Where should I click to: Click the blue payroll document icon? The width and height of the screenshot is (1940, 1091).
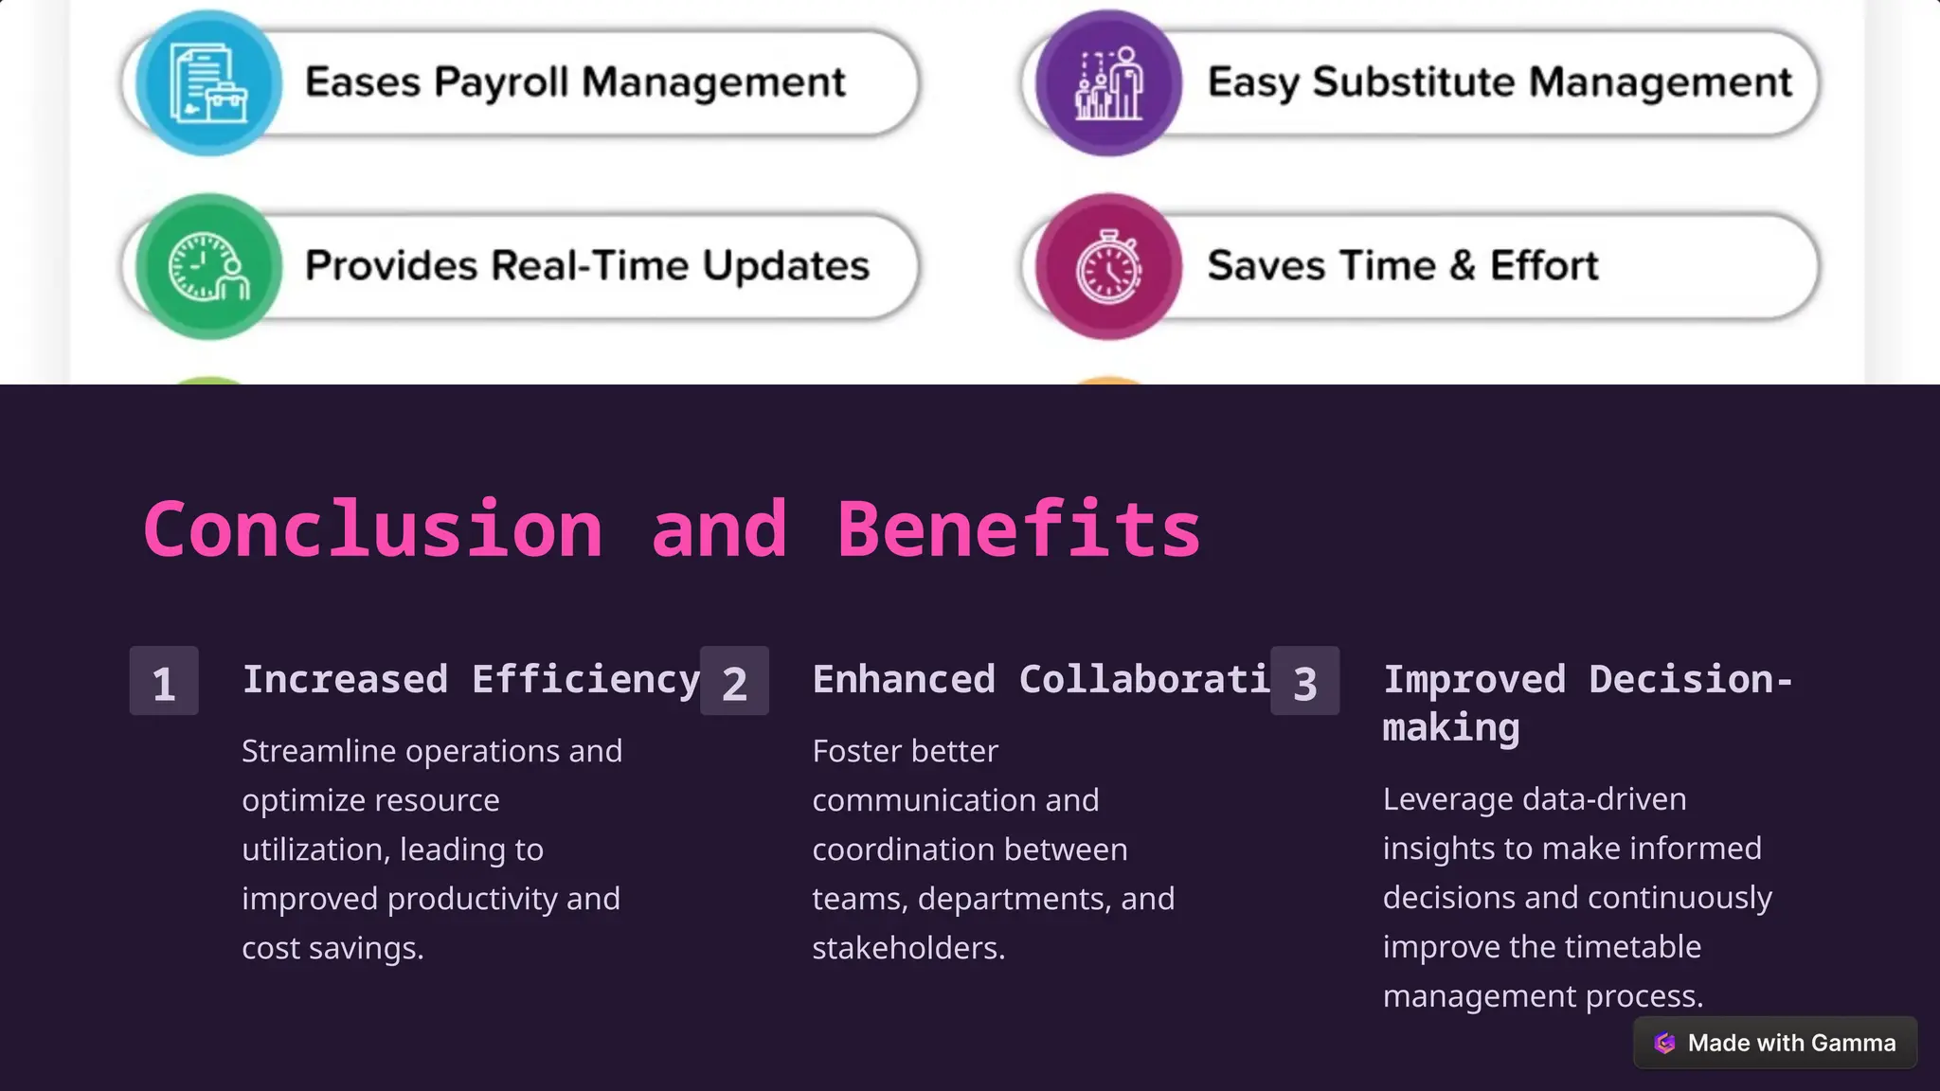click(x=208, y=83)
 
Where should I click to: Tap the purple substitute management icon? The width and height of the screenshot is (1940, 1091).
click(x=1108, y=83)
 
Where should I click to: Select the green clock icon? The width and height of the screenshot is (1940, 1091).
click(x=208, y=267)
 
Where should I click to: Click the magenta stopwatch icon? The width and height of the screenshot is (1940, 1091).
click(x=1108, y=267)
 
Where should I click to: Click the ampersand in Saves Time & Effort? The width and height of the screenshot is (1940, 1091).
click(x=1463, y=266)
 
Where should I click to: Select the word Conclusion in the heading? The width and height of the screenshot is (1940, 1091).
click(x=372, y=529)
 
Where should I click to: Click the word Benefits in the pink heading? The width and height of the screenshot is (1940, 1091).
click(x=1018, y=529)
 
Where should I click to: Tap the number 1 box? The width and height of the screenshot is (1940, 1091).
click(x=164, y=681)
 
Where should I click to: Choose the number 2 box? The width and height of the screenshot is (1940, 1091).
click(x=734, y=681)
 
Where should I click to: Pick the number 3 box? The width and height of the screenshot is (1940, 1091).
click(x=1304, y=681)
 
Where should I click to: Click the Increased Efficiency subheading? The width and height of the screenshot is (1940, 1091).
click(x=471, y=679)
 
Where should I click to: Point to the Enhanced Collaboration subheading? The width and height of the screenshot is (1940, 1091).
click(x=1040, y=679)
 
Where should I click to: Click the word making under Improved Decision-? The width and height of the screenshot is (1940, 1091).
click(x=1450, y=727)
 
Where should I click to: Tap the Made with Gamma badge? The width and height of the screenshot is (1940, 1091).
click(x=1775, y=1043)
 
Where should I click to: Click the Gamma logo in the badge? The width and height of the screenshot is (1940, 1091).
click(x=1664, y=1043)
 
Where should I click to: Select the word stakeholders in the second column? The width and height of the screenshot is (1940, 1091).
click(x=907, y=948)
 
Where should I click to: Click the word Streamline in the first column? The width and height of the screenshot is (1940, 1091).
click(x=319, y=751)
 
